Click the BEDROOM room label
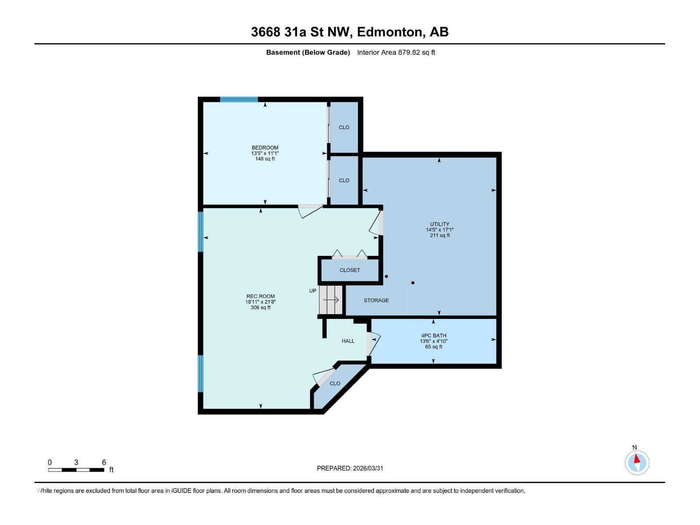point(265,148)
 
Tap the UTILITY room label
point(439,224)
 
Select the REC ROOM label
point(260,297)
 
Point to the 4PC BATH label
point(434,336)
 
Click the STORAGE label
point(376,301)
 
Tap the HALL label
point(348,341)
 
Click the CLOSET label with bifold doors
point(350,270)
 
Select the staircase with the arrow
point(331,300)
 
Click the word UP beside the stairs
point(312,291)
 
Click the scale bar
point(76,470)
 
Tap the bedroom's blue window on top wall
point(238,100)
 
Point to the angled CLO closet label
point(335,384)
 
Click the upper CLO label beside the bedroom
point(344,127)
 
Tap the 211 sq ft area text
point(439,235)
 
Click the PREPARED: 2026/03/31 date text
point(350,468)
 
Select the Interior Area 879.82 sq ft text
point(396,52)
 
